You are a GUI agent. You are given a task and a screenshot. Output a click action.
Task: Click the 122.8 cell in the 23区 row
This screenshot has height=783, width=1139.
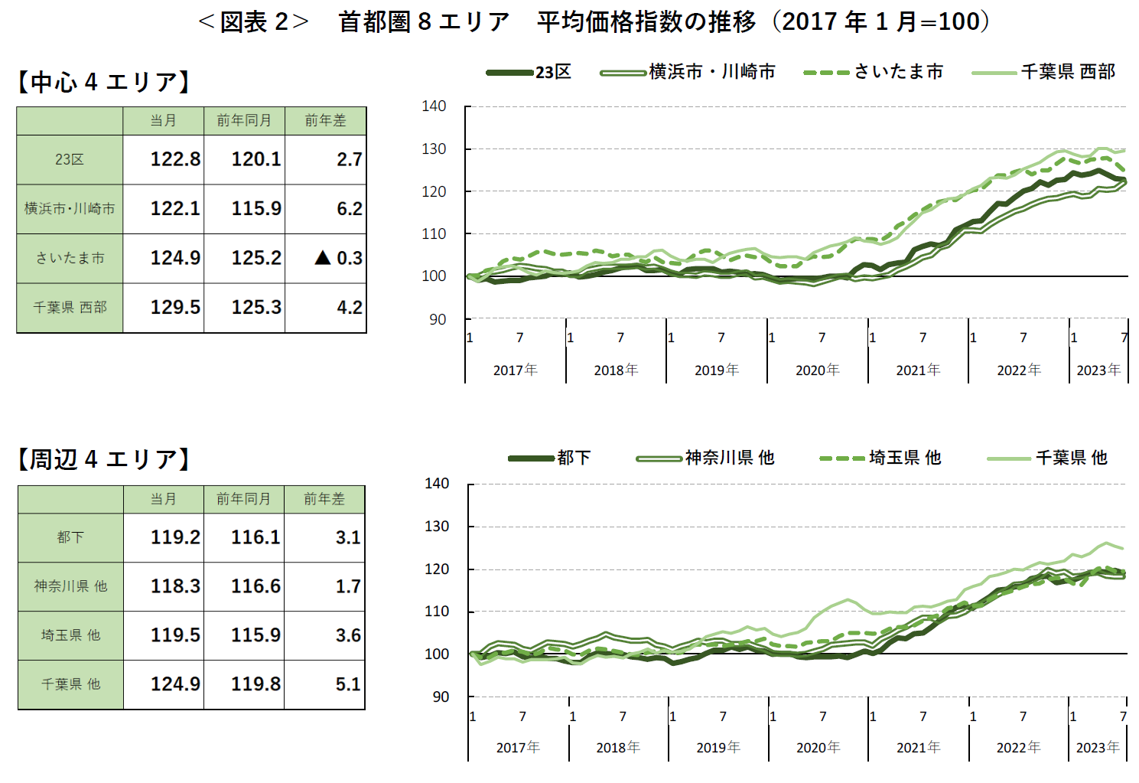174,159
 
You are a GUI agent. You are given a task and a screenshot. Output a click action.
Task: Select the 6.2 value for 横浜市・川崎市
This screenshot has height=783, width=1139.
349,209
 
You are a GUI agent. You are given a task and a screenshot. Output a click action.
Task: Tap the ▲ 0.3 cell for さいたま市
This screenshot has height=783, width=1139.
338,258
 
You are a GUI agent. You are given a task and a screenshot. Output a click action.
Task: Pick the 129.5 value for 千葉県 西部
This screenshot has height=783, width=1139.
174,308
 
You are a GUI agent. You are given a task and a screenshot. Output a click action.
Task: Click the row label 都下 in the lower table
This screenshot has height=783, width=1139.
70,537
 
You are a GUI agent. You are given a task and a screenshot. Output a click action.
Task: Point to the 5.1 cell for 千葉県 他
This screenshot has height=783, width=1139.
347,684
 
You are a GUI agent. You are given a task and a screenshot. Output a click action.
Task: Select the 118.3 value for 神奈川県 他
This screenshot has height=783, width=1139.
174,586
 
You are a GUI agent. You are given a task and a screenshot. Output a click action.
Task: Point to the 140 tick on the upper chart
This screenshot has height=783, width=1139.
434,106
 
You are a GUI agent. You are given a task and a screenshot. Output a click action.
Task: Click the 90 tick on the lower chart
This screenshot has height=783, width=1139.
441,697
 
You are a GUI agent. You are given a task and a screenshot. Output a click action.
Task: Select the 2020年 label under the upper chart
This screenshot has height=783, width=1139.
817,370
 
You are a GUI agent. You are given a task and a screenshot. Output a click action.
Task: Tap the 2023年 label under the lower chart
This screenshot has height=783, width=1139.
1097,748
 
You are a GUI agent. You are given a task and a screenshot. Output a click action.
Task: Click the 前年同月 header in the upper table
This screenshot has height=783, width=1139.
244,121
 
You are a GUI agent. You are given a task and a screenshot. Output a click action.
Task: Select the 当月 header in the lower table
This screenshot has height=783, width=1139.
164,499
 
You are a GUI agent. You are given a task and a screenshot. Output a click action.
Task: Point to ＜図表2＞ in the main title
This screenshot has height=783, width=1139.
253,22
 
